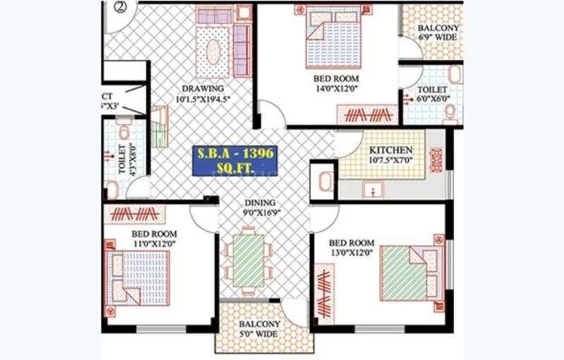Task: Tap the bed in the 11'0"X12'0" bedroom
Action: pyautogui.click(x=139, y=277)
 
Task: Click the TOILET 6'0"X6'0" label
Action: pyautogui.click(x=431, y=95)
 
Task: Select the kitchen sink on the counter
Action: pyautogui.click(x=373, y=190)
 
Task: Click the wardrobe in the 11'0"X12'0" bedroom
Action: pyautogui.click(x=133, y=213)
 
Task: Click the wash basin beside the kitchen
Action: pyautogui.click(x=324, y=182)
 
